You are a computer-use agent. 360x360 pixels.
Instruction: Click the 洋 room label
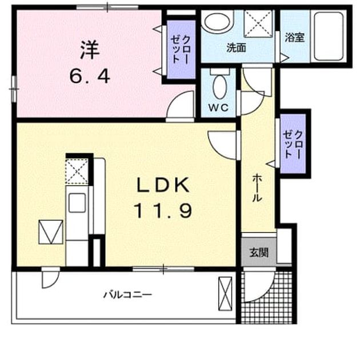(90, 50)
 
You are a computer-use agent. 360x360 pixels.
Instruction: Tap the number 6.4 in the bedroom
(90, 76)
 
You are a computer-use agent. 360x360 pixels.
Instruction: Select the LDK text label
(163, 185)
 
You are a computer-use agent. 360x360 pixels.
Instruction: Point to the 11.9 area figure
(163, 211)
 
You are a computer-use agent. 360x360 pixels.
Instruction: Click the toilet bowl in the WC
(220, 87)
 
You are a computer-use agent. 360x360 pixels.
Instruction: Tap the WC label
(218, 107)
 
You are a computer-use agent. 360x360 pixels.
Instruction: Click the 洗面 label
(236, 48)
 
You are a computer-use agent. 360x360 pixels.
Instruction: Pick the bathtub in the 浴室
(329, 36)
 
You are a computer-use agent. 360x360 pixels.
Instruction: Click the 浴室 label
(294, 37)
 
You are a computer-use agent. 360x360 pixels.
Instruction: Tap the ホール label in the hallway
(257, 188)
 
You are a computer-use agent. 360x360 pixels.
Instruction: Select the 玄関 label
(259, 253)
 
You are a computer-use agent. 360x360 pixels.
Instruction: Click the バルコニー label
(127, 294)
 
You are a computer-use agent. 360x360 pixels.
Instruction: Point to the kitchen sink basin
(77, 202)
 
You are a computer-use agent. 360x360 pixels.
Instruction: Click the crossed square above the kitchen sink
(77, 171)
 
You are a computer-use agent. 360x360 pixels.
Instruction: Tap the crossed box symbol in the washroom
(259, 23)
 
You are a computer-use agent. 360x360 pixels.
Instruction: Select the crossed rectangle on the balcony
(225, 294)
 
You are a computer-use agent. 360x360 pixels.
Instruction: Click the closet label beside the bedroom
(180, 49)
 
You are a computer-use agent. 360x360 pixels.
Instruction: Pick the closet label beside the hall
(292, 145)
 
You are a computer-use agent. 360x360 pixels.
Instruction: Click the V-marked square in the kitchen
(51, 232)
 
